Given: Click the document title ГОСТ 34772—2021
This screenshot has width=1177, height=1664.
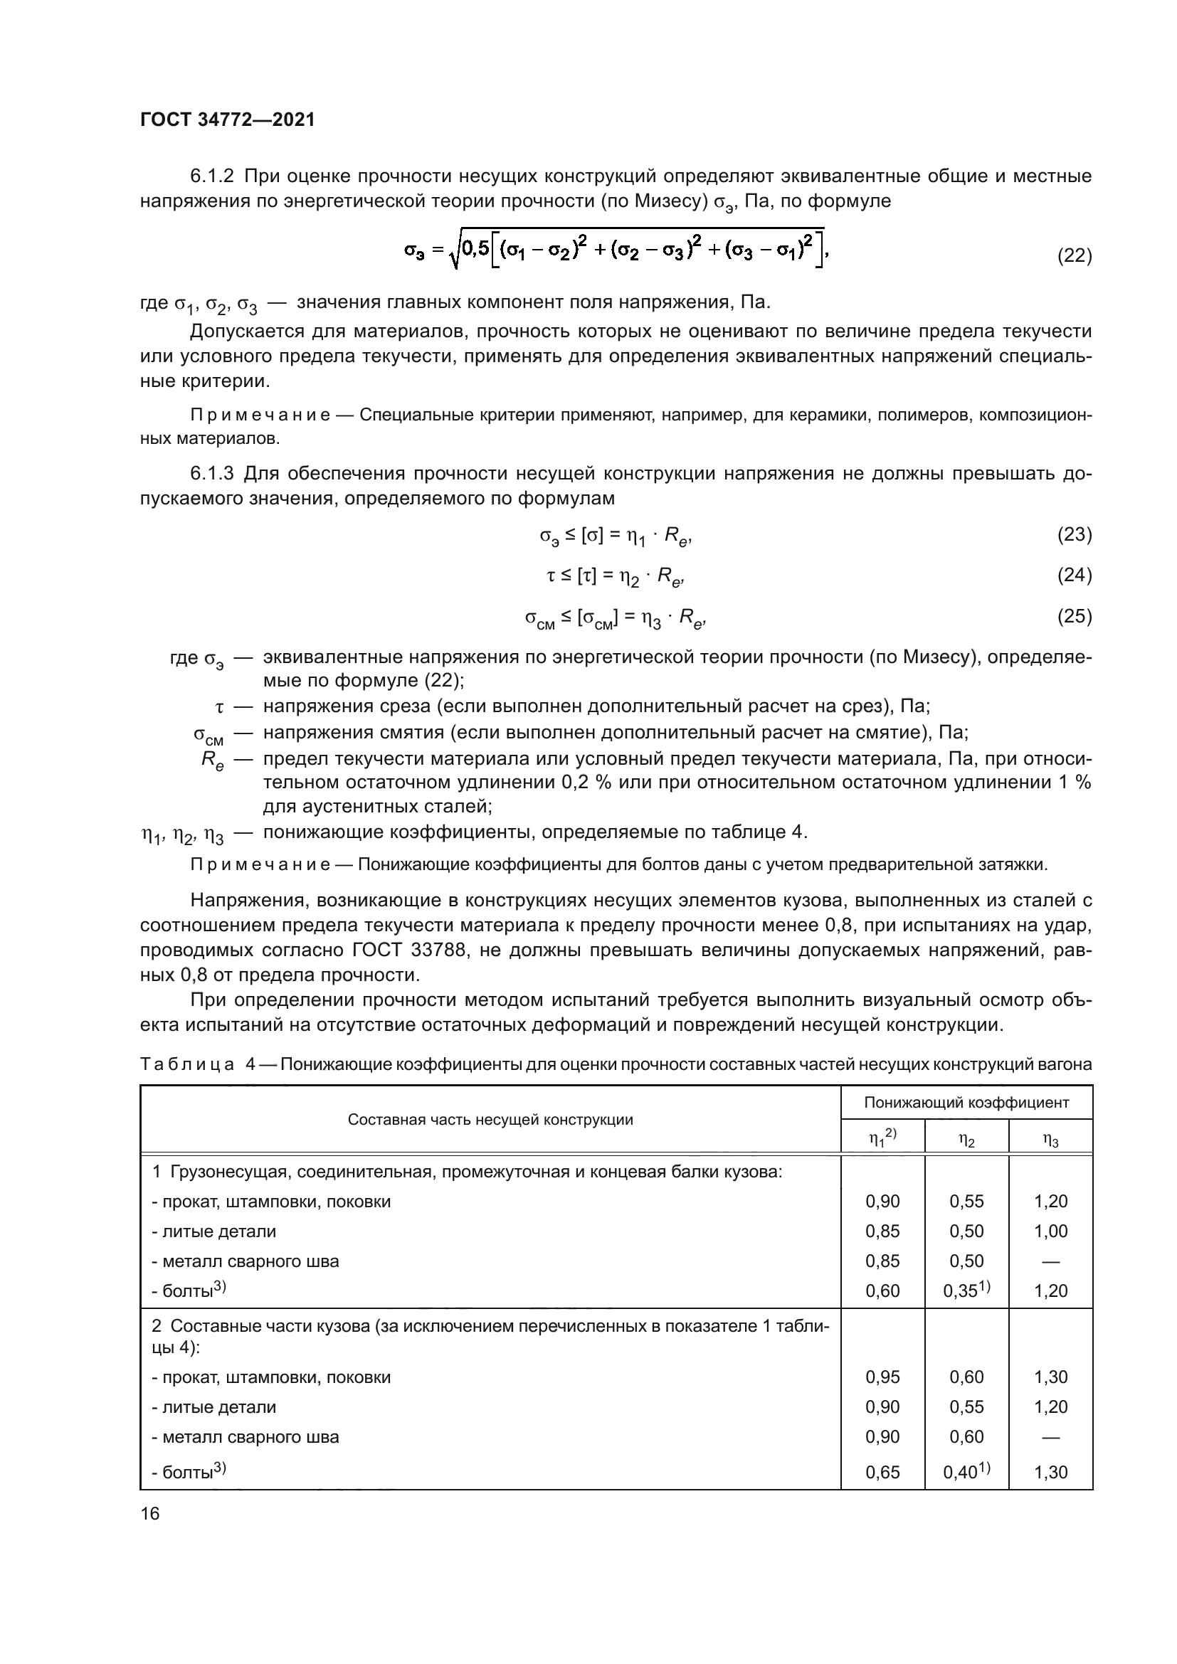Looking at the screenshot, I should coord(227,120).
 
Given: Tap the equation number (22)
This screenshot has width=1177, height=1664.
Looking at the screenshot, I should coord(1074,255).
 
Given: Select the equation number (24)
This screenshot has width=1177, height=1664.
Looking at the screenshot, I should coord(1074,575).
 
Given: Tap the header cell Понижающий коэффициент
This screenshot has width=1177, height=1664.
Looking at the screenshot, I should coord(966,1102).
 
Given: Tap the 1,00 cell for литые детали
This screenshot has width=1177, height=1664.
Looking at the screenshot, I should coord(1050,1231).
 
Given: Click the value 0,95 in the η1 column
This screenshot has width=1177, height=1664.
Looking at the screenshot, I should coord(882,1377).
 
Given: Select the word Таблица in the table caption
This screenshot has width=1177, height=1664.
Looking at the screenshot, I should coord(186,1064).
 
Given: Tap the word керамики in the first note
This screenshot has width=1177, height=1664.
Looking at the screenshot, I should coord(826,415).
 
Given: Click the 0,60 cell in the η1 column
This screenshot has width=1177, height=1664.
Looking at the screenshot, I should coord(882,1291).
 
